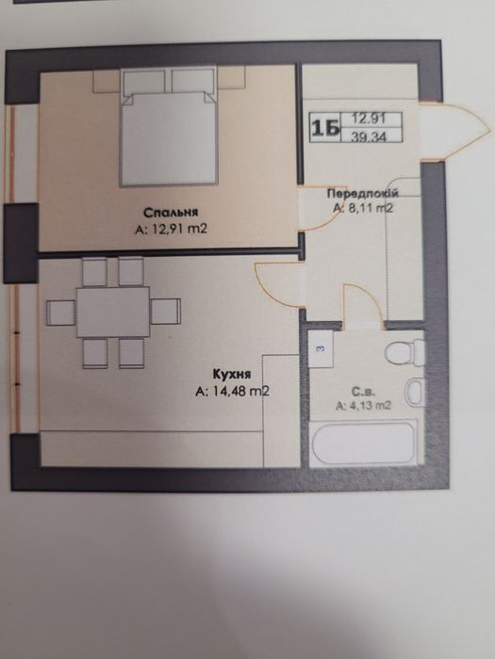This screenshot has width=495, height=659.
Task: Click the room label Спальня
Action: [171, 213]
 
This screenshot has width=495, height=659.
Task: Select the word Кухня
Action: [232, 374]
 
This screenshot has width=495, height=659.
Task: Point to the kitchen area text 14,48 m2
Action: [240, 392]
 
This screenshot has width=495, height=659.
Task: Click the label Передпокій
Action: [363, 194]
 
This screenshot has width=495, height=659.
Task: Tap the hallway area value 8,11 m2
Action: [371, 208]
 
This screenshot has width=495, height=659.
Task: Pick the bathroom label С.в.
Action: [364, 392]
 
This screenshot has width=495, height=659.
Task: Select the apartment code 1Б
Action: [325, 128]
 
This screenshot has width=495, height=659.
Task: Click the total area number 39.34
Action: [370, 137]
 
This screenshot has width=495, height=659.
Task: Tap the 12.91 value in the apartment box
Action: [369, 119]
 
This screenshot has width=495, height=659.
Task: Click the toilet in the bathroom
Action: [404, 353]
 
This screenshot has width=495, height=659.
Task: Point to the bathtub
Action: [364, 443]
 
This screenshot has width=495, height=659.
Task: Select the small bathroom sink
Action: [415, 392]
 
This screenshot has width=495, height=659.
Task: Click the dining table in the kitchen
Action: [113, 312]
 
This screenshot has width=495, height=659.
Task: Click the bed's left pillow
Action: [144, 82]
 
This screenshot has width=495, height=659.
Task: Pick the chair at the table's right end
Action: [166, 312]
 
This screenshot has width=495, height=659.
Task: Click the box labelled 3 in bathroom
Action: [321, 348]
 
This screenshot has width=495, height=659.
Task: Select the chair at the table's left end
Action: [61, 313]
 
